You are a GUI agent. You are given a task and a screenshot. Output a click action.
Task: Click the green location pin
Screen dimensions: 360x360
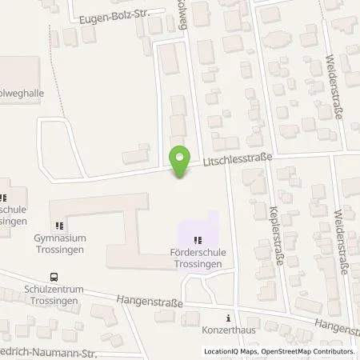[x=179, y=158]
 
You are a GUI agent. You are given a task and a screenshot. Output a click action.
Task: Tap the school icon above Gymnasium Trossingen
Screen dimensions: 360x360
[x=60, y=226]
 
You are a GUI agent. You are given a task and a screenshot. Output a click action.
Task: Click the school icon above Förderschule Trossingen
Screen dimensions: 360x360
[x=198, y=239]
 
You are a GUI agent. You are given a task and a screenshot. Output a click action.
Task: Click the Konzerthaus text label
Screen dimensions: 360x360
[x=231, y=328]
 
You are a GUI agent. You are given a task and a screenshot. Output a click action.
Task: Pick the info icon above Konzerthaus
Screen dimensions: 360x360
[x=231, y=316]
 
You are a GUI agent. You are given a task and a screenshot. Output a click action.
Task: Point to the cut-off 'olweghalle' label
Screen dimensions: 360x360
[x=22, y=93]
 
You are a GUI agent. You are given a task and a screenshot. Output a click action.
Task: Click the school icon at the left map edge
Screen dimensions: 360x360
[x=3, y=198]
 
